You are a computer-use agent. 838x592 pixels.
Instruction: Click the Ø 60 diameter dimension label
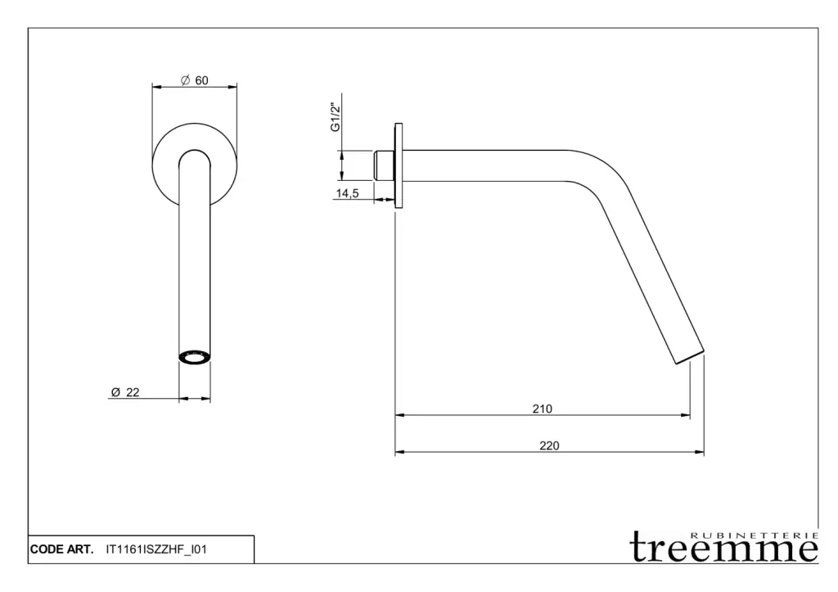(195, 80)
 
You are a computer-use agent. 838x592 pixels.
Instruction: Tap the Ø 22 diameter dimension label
(125, 392)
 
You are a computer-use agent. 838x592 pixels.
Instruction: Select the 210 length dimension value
(542, 409)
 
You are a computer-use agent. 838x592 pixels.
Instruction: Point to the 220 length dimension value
(549, 445)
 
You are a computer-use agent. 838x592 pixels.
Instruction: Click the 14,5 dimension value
(347, 193)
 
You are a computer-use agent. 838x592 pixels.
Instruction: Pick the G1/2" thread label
(335, 117)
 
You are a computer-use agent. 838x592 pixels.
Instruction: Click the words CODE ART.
(61, 549)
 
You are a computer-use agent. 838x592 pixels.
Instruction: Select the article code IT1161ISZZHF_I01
(156, 549)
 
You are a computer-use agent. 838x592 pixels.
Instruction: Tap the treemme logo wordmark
(724, 548)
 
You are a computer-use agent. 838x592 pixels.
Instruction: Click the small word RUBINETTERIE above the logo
(754, 536)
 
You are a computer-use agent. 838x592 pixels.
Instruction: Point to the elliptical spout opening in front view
(195, 357)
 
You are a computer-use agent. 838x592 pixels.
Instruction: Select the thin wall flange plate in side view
(399, 165)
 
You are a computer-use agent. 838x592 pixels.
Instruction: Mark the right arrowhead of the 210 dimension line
(685, 415)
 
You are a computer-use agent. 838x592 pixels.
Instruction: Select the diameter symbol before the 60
(186, 80)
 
